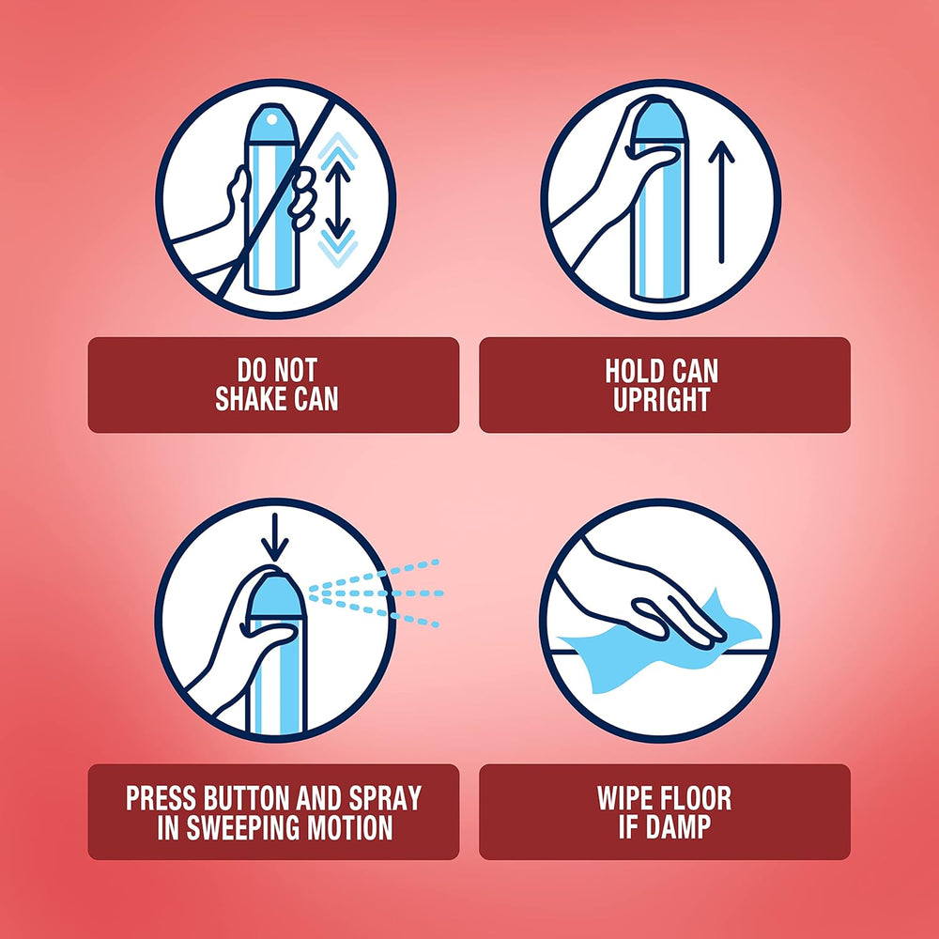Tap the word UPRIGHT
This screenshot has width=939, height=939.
click(661, 399)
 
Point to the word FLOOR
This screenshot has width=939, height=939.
click(698, 798)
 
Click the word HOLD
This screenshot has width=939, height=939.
click(631, 371)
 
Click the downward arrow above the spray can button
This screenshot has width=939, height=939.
click(275, 537)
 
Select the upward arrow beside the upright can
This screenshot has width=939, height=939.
click(721, 203)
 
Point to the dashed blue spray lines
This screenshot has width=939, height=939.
click(375, 593)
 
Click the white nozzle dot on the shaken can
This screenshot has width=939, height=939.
click(272, 120)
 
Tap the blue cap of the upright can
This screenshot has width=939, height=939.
click(660, 121)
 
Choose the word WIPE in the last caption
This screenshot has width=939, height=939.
click(626, 798)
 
